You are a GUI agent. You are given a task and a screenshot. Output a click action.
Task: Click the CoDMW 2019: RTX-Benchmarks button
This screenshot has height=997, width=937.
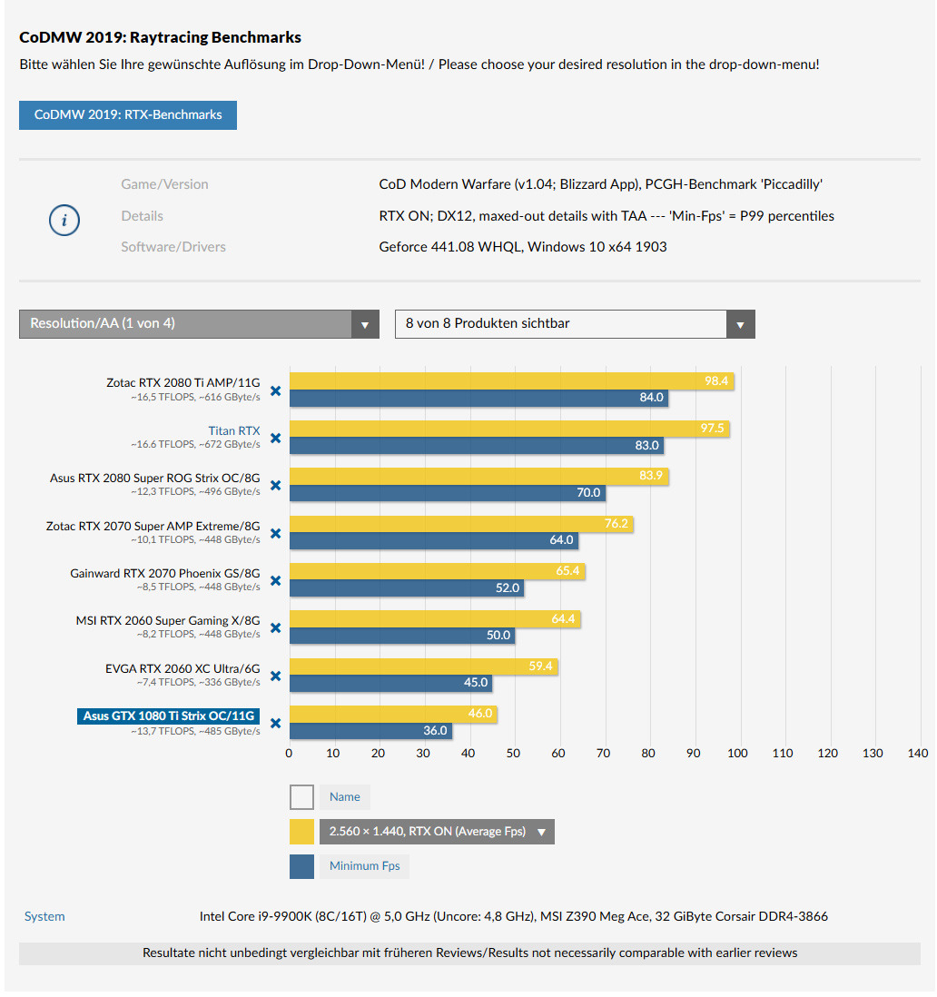pos(128,115)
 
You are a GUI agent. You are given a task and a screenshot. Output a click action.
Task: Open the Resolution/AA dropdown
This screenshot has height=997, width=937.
pos(199,324)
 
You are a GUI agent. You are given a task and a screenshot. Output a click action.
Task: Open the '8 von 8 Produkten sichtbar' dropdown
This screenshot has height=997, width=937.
pos(574,324)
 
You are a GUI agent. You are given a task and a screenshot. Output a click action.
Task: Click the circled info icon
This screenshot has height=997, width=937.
pos(64,220)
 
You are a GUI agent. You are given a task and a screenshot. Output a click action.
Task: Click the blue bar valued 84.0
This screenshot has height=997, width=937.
pos(472,398)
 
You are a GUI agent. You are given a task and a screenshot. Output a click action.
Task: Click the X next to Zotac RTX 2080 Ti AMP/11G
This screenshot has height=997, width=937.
pos(275,390)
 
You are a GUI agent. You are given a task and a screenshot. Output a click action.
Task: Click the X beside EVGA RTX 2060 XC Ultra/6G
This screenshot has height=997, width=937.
pos(275,676)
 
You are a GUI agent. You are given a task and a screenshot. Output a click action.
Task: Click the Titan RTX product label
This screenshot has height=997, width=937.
pos(233,431)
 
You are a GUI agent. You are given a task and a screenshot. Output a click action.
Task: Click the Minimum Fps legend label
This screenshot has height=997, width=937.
pos(364,866)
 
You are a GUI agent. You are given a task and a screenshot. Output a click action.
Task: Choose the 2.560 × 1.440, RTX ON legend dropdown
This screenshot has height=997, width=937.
pos(436,832)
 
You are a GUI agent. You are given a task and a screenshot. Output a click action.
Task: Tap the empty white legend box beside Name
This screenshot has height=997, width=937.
pos(301,797)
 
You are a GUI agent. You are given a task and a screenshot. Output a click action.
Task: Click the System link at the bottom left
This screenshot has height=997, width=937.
pos(44,917)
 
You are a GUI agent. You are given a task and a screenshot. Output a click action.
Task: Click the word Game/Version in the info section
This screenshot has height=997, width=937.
pos(164,184)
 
